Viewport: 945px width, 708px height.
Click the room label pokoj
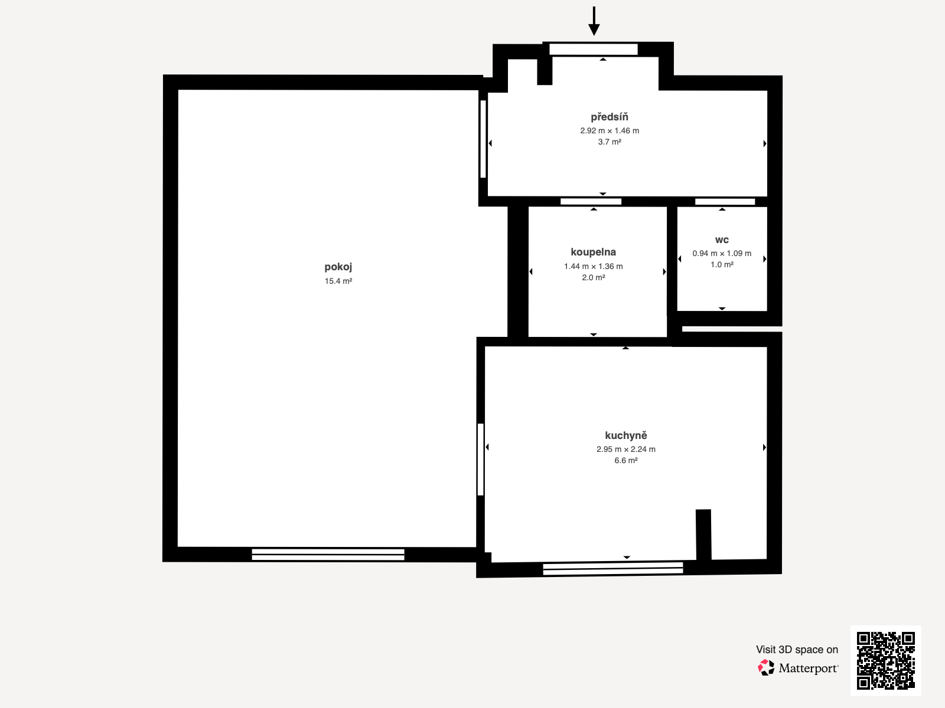coord(338,267)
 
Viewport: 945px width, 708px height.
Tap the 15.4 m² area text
coord(338,281)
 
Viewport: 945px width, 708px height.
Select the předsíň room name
coord(609,117)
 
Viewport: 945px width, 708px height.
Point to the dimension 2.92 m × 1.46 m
coord(609,131)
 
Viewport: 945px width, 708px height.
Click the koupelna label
coord(593,252)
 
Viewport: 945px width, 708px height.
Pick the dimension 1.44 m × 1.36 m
coord(593,267)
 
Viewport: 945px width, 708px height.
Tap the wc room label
coord(722,240)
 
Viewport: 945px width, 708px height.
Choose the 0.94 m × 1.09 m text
coord(722,254)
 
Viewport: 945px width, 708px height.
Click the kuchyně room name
coord(625,435)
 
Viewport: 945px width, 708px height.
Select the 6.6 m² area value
coord(625,461)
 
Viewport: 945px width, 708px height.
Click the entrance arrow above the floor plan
coord(594,21)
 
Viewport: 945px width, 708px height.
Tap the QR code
coord(885,661)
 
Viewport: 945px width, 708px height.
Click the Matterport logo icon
coord(766,668)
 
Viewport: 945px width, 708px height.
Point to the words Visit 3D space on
coord(797,650)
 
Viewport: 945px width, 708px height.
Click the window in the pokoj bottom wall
coord(328,554)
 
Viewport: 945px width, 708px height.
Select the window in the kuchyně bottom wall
coord(612,569)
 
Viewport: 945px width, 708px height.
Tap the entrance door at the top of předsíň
coord(593,50)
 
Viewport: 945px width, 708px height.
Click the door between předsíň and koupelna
coord(591,202)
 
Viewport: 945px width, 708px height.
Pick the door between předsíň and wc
coord(725,202)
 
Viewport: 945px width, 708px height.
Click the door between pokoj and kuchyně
coord(481,459)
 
